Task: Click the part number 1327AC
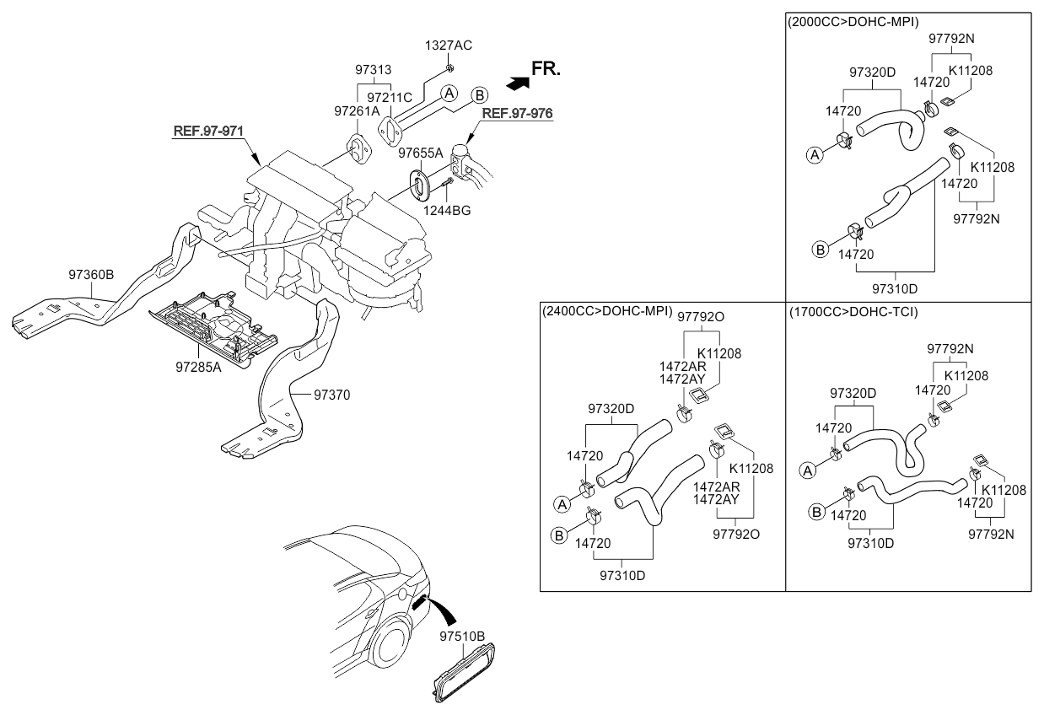click(449, 46)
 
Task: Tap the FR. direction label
click(546, 69)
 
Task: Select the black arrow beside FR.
click(518, 83)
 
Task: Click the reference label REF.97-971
click(208, 131)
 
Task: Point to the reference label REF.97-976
click(517, 113)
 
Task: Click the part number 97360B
click(91, 275)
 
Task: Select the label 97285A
click(198, 368)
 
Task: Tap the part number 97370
click(332, 395)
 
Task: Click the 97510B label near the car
click(462, 637)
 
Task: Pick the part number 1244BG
click(447, 211)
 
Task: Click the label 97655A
click(421, 153)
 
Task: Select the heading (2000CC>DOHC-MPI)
click(853, 22)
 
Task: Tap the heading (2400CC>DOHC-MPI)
click(607, 311)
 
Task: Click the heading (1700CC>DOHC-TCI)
click(853, 311)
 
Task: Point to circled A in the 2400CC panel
click(562, 504)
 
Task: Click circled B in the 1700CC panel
click(816, 513)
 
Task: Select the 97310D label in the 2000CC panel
click(895, 289)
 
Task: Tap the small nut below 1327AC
click(449, 68)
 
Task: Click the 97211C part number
click(390, 98)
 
